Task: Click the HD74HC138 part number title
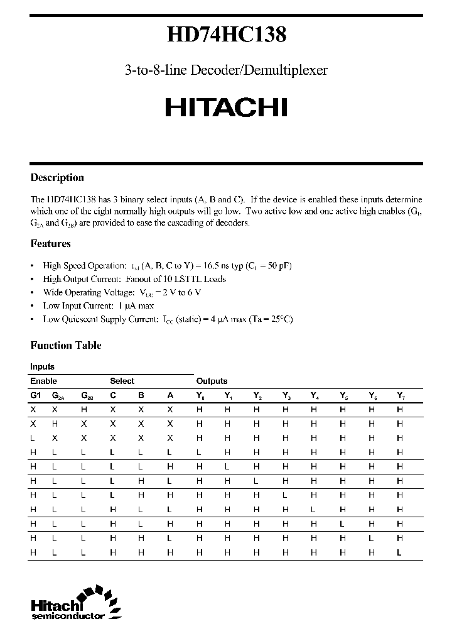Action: click(226, 36)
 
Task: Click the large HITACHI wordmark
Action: click(226, 108)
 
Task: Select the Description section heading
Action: click(57, 178)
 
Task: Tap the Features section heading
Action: click(50, 243)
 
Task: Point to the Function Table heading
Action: click(66, 345)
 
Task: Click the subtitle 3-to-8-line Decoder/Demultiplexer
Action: click(226, 70)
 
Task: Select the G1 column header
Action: click(35, 395)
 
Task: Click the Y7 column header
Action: click(401, 395)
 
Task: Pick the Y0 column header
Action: click(200, 395)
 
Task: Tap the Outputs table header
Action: click(212, 381)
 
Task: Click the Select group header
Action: click(122, 381)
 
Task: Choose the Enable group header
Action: click(43, 381)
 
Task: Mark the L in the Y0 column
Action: click(199, 452)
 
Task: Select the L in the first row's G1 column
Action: click(33, 438)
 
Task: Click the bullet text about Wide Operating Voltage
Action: click(122, 292)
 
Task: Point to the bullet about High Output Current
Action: click(134, 279)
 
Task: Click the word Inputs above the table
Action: click(42, 366)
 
